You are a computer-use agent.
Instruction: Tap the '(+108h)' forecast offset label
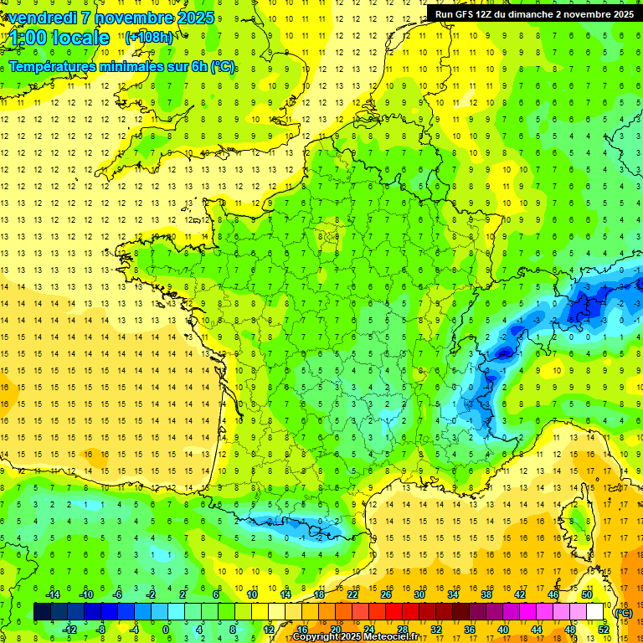point(149,38)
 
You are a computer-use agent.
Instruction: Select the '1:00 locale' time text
point(60,38)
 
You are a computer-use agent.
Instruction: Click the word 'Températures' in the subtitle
point(60,66)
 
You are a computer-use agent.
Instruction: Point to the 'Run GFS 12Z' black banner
point(533,13)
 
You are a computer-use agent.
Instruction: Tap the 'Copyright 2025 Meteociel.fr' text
point(356,637)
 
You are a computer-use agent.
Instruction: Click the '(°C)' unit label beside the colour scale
point(624,613)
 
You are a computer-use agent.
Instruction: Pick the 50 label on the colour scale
point(587,594)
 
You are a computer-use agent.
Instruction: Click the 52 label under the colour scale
point(604,630)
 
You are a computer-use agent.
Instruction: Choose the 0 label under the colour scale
point(166,630)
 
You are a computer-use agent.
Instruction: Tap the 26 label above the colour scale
point(386,594)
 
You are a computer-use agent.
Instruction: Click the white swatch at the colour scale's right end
point(595,612)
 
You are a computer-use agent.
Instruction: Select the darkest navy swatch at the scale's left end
point(42,612)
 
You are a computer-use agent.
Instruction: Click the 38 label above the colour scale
point(486,594)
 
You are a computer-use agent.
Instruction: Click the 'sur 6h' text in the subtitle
point(186,66)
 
